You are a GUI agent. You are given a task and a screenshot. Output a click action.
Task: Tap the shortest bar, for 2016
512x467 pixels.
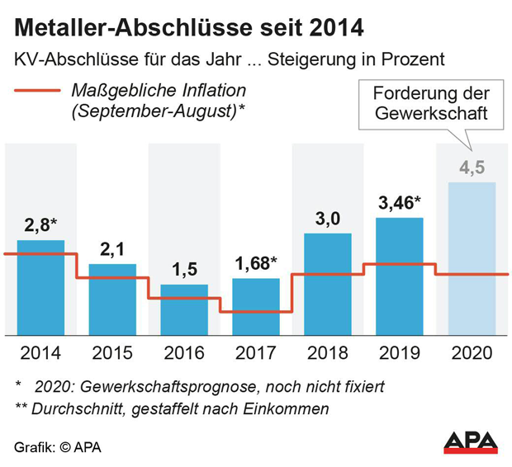(184, 310)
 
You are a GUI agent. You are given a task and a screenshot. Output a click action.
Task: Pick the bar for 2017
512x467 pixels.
(256, 306)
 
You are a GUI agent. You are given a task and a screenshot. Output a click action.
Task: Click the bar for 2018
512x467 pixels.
(328, 284)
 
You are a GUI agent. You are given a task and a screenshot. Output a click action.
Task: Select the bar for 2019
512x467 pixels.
(400, 276)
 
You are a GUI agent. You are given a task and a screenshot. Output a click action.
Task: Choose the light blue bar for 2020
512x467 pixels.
(472, 258)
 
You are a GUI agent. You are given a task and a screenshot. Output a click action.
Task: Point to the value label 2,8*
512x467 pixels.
(41, 225)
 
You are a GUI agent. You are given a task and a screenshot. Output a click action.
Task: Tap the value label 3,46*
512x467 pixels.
(400, 202)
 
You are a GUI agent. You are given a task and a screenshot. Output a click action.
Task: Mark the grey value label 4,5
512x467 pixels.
(472, 167)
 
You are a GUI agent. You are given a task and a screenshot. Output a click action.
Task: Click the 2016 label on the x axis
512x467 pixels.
(184, 352)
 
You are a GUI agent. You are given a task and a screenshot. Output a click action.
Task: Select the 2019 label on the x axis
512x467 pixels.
(400, 352)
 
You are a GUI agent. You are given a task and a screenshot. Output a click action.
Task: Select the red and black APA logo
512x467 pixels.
(471, 441)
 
